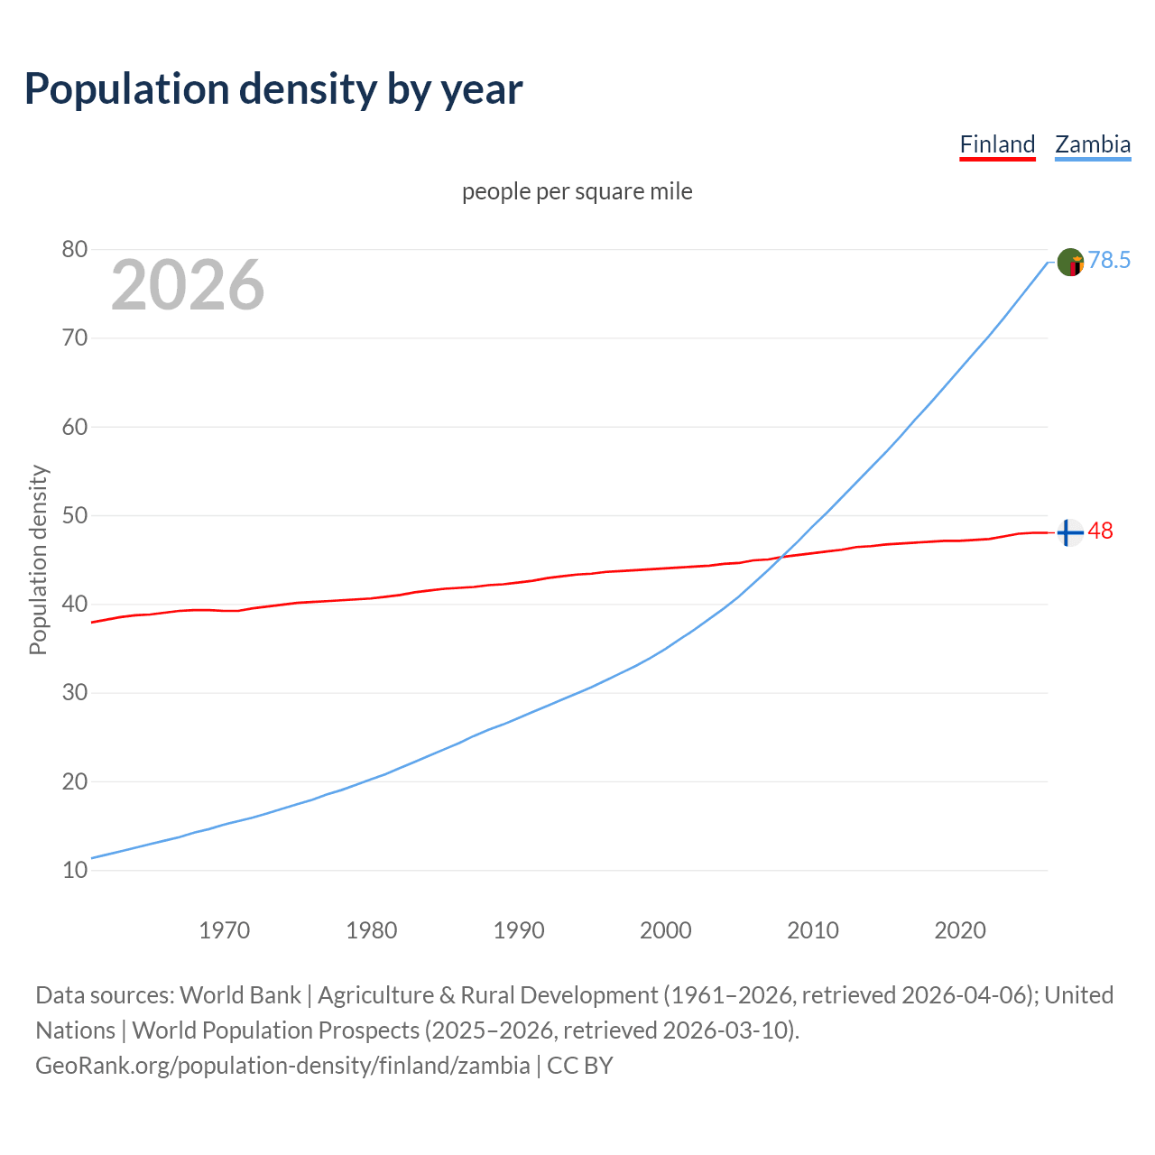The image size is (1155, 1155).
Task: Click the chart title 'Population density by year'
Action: (273, 89)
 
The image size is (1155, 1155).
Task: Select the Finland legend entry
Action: (997, 144)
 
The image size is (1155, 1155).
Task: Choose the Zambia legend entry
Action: (1093, 144)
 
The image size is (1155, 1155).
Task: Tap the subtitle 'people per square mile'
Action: (577, 191)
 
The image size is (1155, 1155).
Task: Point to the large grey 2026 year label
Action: (188, 285)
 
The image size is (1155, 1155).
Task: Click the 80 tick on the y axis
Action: (75, 249)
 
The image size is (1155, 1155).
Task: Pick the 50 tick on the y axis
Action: (75, 515)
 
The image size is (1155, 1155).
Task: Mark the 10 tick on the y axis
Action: (75, 870)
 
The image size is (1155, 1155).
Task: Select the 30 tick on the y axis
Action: (75, 693)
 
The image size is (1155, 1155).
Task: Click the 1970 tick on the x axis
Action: (224, 930)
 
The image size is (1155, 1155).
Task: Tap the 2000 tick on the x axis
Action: (666, 930)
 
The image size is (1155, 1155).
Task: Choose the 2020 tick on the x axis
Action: (960, 930)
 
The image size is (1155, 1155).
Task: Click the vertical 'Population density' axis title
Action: (38, 559)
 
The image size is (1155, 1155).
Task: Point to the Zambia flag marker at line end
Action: (1070, 263)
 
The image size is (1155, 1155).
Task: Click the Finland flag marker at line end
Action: (1070, 533)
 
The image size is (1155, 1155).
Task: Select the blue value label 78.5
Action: (1109, 261)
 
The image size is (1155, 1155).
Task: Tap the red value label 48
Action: (1100, 531)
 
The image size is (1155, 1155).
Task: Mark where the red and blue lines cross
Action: (780, 558)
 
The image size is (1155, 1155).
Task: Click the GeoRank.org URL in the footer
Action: (282, 1066)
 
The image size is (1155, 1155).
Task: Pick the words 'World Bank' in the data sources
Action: (240, 995)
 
